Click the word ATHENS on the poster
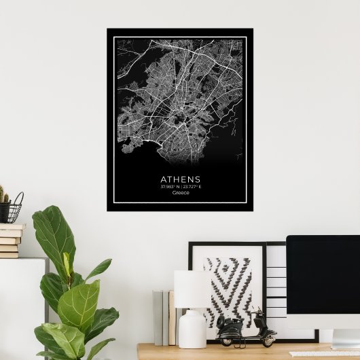point(181,179)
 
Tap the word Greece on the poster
point(181,193)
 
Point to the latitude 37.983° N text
point(169,187)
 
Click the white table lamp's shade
point(191,288)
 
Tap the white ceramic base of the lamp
point(192,329)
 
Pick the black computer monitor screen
point(323,272)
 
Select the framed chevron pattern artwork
point(228,285)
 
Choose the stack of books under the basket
point(10,241)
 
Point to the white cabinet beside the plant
point(20,306)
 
